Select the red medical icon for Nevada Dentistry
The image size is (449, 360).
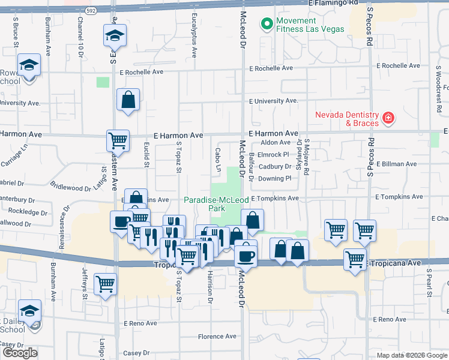389,118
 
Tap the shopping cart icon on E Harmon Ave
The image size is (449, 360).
118,140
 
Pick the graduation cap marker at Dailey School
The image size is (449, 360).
29,310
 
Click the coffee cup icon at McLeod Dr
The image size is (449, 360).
246,255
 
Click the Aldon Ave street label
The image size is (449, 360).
276,143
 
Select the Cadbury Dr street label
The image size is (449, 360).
275,167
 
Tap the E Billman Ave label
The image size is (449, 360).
400,163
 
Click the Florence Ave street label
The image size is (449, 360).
219,337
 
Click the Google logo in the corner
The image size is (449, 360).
20,353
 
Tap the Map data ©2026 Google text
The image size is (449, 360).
411,355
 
